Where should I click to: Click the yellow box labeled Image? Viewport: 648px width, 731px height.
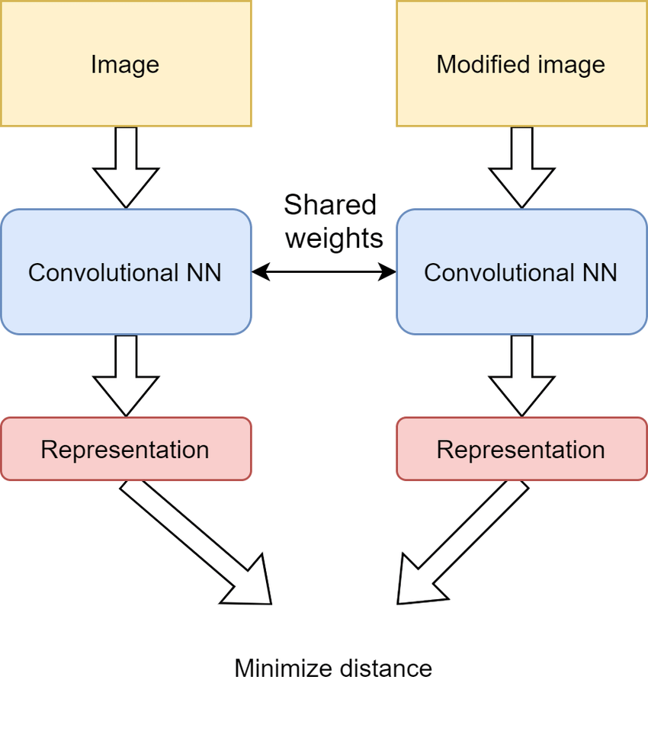(125, 63)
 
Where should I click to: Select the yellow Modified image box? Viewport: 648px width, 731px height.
(521, 63)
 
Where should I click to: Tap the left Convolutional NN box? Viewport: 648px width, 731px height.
(125, 271)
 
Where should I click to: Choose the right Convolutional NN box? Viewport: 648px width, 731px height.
(521, 271)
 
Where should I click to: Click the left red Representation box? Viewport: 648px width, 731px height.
(125, 449)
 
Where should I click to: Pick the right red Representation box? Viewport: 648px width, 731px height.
(521, 449)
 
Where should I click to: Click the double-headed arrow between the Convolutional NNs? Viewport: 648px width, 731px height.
(324, 271)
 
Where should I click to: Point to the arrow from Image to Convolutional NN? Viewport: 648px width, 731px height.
(126, 168)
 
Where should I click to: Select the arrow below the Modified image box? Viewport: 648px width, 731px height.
(521, 168)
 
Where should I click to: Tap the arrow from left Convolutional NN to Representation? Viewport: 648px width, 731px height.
(126, 376)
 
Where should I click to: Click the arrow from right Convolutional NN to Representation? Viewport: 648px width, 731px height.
(521, 376)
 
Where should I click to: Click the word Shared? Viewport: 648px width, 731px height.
(330, 204)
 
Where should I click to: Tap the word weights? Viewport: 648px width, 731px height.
(334, 238)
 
